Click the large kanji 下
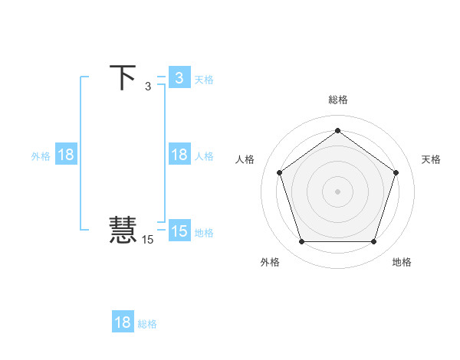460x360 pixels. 123,77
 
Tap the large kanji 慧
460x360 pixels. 123,230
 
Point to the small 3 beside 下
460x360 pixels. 148,86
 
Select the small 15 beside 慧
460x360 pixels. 147,240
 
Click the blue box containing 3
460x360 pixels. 179,78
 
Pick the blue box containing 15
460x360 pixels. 179,231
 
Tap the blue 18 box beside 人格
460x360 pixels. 179,155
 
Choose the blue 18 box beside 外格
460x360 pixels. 66,155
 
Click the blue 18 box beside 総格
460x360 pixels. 123,322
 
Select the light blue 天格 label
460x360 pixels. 204,79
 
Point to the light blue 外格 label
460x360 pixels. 41,156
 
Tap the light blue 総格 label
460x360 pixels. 147,324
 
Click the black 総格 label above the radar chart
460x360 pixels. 337,100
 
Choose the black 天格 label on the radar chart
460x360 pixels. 431,159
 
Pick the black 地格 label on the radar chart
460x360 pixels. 402,262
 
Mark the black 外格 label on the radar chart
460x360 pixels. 270,262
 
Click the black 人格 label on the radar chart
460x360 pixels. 245,159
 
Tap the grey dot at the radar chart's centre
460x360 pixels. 337,191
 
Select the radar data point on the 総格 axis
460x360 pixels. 337,130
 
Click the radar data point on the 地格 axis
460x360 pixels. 373,242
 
